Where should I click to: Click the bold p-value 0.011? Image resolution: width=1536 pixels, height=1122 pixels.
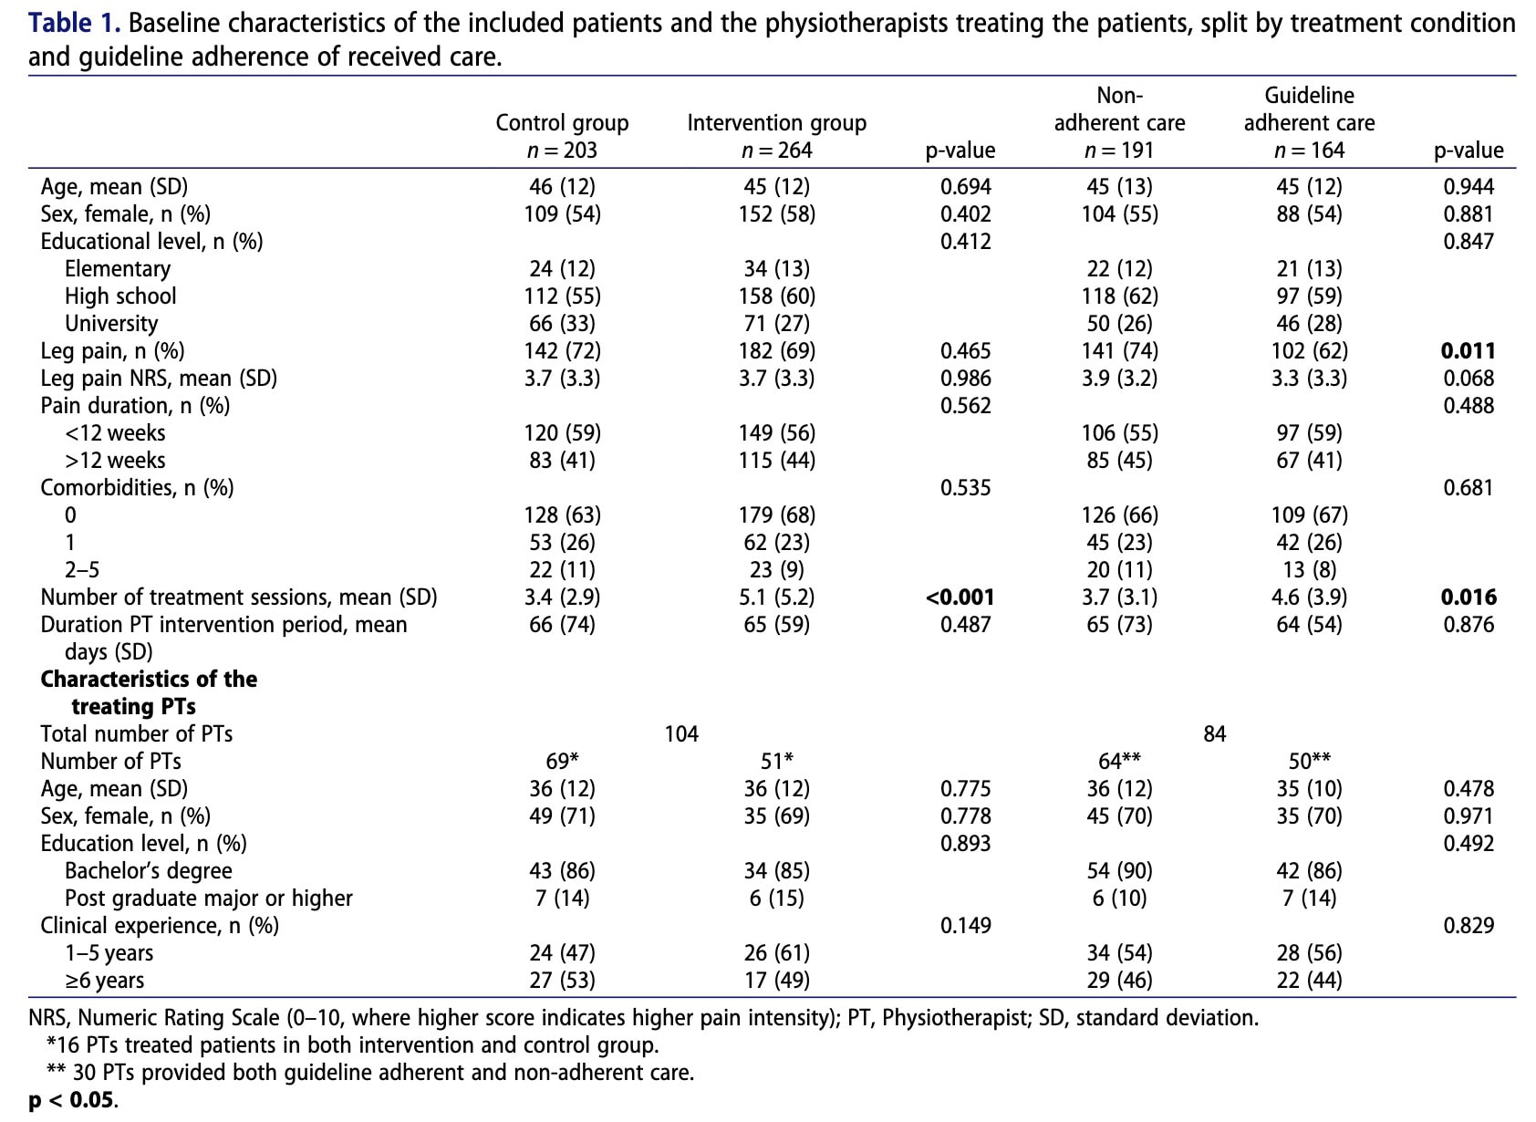click(1468, 351)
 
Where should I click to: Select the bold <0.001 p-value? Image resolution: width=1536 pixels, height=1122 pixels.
click(960, 597)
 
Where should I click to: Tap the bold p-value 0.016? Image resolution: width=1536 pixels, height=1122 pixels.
click(1468, 597)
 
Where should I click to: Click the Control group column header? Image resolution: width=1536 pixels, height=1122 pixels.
click(562, 123)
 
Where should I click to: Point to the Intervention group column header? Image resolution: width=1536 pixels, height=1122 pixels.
click(776, 123)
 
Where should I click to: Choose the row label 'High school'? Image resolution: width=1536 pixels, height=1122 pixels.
click(120, 296)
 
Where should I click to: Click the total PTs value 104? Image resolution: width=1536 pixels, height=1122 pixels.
click(681, 734)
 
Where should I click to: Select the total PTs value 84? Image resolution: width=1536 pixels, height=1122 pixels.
click(1214, 734)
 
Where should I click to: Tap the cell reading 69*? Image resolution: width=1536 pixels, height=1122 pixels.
click(562, 762)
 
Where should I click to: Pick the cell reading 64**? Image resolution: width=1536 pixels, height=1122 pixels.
click(1119, 762)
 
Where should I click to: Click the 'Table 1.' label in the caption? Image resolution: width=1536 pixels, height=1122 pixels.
click(75, 23)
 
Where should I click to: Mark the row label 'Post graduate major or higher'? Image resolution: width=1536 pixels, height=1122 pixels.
click(208, 899)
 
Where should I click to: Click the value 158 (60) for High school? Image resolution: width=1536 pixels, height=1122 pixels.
click(776, 296)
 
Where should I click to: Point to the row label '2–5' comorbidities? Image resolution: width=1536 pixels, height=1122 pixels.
click(82, 570)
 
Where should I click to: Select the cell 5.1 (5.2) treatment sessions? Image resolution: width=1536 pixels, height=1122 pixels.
click(776, 597)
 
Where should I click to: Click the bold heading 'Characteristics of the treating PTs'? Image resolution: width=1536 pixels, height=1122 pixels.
click(148, 692)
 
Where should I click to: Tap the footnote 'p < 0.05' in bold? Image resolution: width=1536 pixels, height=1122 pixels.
click(72, 1100)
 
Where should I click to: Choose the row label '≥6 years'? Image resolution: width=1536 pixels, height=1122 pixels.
click(104, 981)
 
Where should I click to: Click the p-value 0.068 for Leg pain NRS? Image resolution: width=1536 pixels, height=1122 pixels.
click(1468, 379)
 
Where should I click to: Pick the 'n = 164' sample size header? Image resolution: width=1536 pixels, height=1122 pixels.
click(1309, 151)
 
